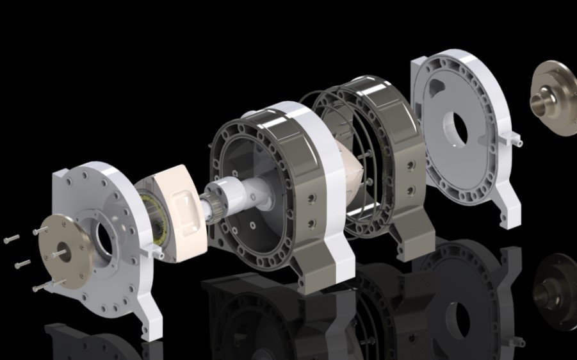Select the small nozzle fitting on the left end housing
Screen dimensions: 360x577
pyautogui.click(x=154, y=253)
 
